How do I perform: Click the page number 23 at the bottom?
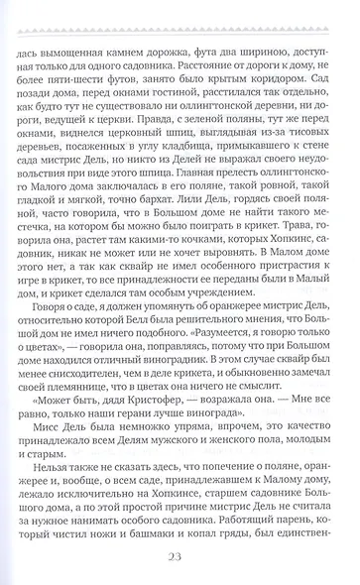pos(180,557)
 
